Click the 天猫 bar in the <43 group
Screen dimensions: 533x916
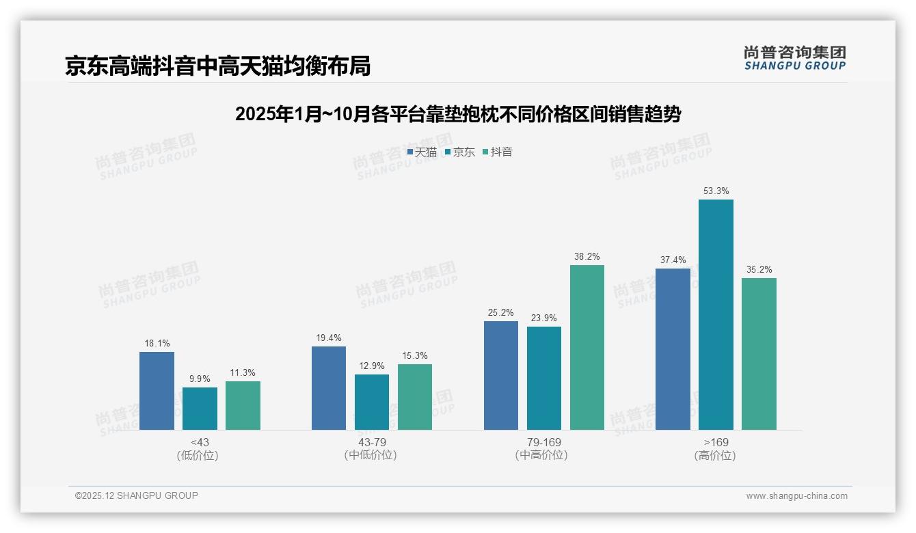click(157, 391)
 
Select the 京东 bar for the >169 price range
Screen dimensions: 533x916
click(716, 314)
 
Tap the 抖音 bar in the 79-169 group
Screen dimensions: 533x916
click(587, 347)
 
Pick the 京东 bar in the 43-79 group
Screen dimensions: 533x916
click(372, 402)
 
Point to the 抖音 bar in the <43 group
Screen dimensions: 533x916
click(243, 405)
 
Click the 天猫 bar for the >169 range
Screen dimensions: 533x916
click(673, 349)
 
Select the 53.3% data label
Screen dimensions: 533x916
click(716, 191)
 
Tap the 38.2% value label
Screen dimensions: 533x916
click(587, 257)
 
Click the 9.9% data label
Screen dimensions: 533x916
click(200, 379)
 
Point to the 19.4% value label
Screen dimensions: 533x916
click(329, 338)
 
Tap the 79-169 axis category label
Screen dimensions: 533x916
click(544, 442)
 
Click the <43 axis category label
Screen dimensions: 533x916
click(200, 442)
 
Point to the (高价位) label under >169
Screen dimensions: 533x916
click(716, 455)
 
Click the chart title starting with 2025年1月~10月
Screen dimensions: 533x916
click(457, 114)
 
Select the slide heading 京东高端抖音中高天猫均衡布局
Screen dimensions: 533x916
click(218, 66)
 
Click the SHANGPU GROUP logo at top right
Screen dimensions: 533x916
click(794, 58)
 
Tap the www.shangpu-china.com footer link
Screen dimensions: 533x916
click(796, 496)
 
